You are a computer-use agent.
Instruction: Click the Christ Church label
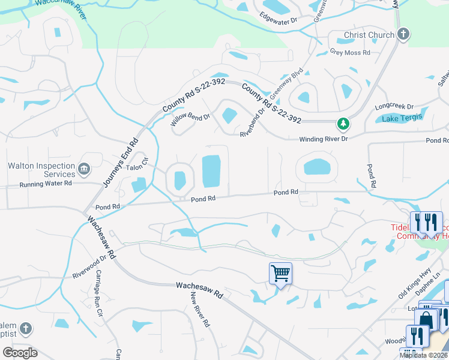click(369, 35)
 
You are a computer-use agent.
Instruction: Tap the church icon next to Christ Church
click(403, 34)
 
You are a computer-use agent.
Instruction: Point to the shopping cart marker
click(280, 274)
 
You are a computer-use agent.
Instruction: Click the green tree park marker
click(343, 124)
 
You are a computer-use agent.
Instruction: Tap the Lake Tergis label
click(402, 118)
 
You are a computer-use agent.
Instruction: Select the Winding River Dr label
click(324, 139)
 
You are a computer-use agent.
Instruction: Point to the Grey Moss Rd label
click(350, 52)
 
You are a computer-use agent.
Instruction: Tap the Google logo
click(20, 353)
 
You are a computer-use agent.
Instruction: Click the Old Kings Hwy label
click(414, 284)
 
